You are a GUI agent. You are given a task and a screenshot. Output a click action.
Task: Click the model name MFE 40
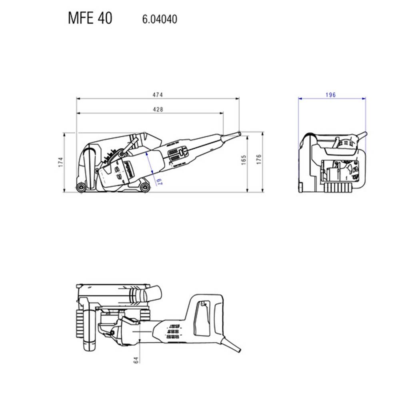(x=90, y=18)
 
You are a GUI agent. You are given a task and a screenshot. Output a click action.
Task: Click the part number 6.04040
(x=160, y=19)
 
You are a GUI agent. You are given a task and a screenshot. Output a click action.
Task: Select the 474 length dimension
(x=158, y=95)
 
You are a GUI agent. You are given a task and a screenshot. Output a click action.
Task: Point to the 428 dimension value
(x=158, y=109)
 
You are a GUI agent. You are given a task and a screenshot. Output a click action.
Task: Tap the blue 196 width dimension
(x=331, y=95)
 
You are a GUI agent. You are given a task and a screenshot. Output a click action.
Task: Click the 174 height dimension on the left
(x=60, y=162)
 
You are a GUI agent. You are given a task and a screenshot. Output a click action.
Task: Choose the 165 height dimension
(x=244, y=160)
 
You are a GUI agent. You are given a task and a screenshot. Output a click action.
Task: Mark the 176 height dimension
(x=259, y=159)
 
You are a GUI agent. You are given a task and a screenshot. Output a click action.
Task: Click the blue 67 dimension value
(x=159, y=181)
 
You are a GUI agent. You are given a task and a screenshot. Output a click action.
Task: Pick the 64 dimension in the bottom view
(x=136, y=360)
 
